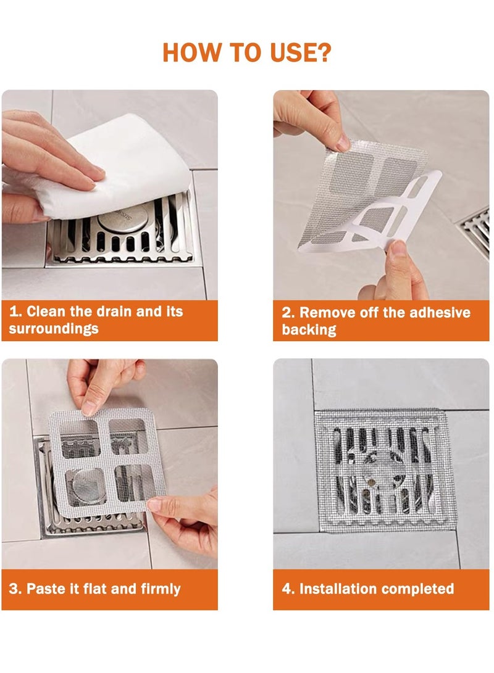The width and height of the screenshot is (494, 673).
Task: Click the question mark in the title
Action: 323,52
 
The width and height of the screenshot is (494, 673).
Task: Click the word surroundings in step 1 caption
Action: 54,329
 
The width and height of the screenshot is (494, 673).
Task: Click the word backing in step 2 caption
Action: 309,330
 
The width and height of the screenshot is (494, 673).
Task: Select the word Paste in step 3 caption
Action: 47,588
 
